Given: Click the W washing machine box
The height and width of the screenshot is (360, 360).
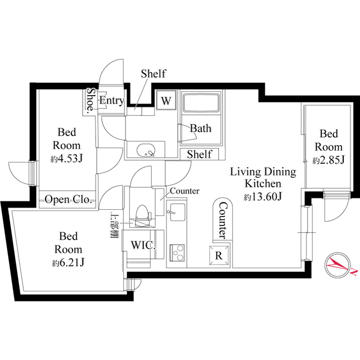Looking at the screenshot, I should tap(166, 101).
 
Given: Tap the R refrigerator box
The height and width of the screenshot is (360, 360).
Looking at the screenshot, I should tap(219, 254).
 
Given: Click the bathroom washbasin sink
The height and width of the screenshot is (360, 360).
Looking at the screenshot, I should tap(146, 150).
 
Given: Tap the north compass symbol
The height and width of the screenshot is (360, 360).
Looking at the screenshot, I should tap(337, 263).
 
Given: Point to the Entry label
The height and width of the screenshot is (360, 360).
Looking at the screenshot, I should tap(111, 100).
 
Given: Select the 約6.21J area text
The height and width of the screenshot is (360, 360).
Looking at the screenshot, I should tap(68, 262).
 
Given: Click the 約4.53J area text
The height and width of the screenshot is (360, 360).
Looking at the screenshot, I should tap(67, 159).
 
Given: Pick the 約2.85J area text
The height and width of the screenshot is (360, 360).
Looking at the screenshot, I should tap(328, 160).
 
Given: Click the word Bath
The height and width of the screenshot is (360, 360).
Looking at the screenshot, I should tap(200, 128).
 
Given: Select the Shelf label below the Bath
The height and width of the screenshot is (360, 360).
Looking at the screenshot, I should tap(199, 154).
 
